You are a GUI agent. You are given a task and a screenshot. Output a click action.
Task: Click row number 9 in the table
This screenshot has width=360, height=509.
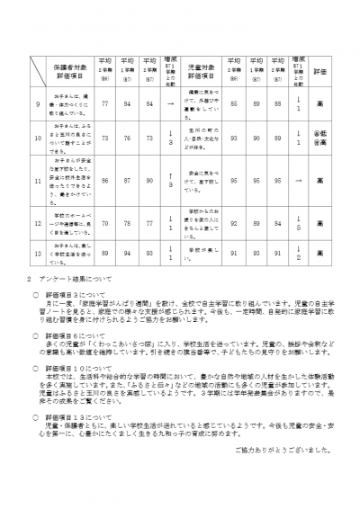point(38,104)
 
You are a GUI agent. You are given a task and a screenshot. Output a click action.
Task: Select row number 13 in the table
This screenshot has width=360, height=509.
point(38,254)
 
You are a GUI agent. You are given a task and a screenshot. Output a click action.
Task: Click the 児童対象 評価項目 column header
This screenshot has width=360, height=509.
point(202,68)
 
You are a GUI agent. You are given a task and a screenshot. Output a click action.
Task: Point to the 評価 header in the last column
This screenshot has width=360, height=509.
point(320,68)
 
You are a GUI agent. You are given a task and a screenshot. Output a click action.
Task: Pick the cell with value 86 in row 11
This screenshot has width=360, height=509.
point(104,180)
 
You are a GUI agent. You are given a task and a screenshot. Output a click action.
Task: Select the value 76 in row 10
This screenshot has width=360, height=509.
point(127,139)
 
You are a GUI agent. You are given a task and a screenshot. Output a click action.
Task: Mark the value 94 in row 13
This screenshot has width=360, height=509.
point(127,254)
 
